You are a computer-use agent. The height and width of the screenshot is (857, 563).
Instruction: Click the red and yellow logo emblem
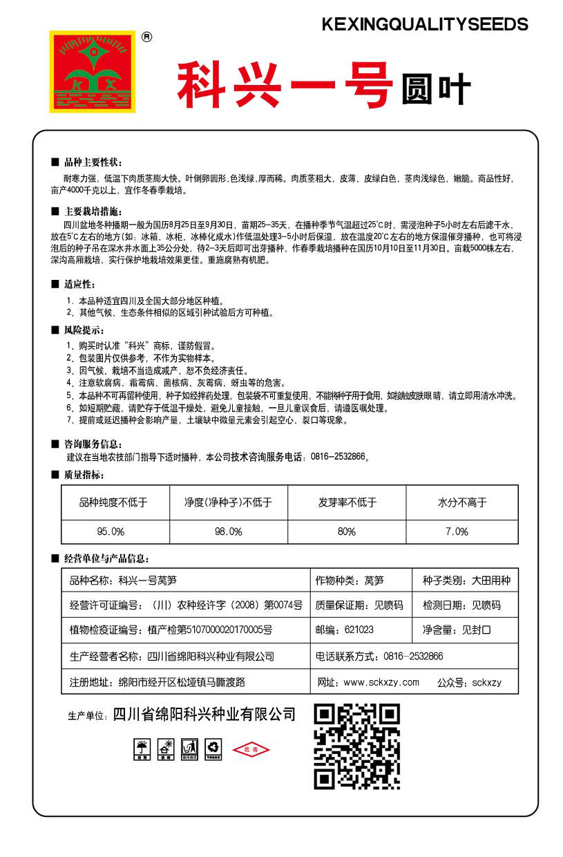pyautogui.click(x=92, y=71)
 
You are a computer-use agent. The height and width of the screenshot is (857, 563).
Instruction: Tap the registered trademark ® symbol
pyautogui.click(x=146, y=37)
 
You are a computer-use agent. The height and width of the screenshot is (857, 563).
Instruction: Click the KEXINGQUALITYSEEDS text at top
pyautogui.click(x=425, y=25)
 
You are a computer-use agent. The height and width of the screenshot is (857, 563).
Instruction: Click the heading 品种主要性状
pyautogui.click(x=93, y=162)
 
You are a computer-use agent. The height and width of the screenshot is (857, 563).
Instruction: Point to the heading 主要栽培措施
pyautogui.click(x=93, y=211)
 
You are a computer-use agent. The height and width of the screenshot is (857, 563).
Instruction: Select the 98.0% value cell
pyautogui.click(x=229, y=531)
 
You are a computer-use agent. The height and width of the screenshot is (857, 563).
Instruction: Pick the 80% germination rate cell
pyautogui.click(x=346, y=531)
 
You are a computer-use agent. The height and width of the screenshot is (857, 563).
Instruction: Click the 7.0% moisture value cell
pyautogui.click(x=462, y=531)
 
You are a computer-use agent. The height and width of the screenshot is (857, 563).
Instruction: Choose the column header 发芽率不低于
pyautogui.click(x=346, y=502)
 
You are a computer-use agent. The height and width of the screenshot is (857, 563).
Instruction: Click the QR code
pyautogui.click(x=357, y=746)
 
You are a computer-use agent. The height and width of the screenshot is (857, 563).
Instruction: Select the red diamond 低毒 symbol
pyautogui.click(x=251, y=750)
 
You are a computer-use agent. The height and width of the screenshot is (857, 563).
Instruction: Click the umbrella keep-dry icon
pyautogui.click(x=142, y=748)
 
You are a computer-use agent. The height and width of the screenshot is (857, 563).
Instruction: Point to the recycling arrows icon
pyautogui.click(x=213, y=748)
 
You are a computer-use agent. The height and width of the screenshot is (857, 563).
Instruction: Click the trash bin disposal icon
pyautogui.click(x=189, y=748)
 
